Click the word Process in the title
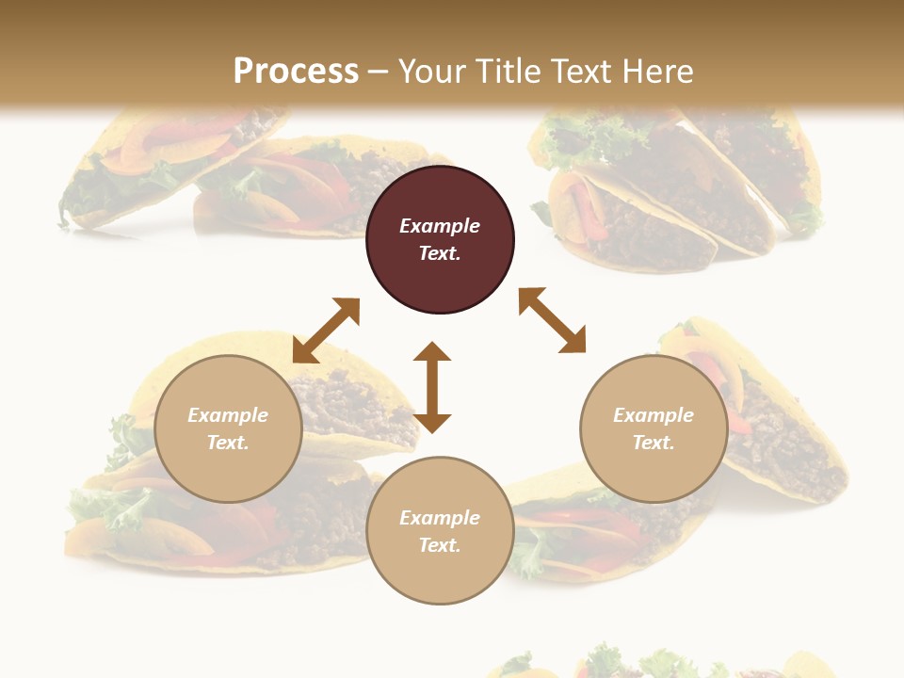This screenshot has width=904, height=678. click(296, 71)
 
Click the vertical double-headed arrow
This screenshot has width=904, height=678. click(432, 387)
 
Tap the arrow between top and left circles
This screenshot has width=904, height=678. click(326, 330)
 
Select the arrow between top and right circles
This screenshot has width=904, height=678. click(552, 320)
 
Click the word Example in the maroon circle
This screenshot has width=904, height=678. click(440, 226)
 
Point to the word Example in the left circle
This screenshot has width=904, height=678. click(228, 415)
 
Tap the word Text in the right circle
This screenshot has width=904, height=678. click(654, 443)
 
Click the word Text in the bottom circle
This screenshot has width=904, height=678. click(440, 545)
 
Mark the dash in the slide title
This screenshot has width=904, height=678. click(379, 73)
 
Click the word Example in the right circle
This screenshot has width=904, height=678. click(654, 415)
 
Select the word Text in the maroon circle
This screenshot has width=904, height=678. click(440, 253)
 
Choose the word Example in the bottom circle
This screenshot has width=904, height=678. click(440, 518)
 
